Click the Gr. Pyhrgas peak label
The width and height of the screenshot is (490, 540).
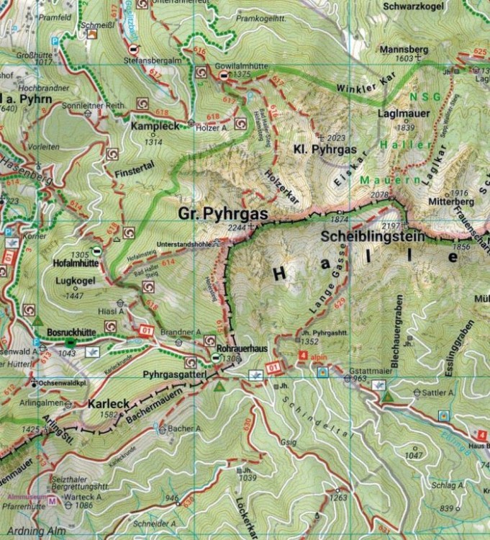[x=223, y=214]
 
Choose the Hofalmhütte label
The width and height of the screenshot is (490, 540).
[x=76, y=264]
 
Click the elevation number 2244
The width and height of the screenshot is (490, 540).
[x=235, y=228]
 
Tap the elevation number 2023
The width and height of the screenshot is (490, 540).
[x=336, y=137]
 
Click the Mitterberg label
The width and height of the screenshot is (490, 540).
[x=448, y=202]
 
